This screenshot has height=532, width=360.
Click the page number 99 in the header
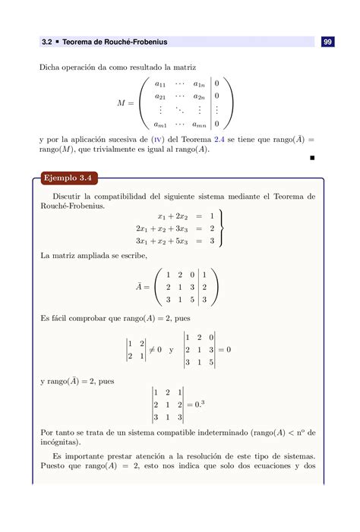327,42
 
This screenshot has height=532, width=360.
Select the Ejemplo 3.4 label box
68,178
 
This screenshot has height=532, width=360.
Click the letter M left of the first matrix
122,102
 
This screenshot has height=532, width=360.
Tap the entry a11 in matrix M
161,83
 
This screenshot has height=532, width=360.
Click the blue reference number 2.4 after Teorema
197,140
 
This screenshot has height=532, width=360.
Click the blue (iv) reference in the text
156,140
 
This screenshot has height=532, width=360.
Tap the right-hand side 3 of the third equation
212,241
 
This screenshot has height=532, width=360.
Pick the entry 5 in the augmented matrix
194,300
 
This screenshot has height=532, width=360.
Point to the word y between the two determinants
171,350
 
